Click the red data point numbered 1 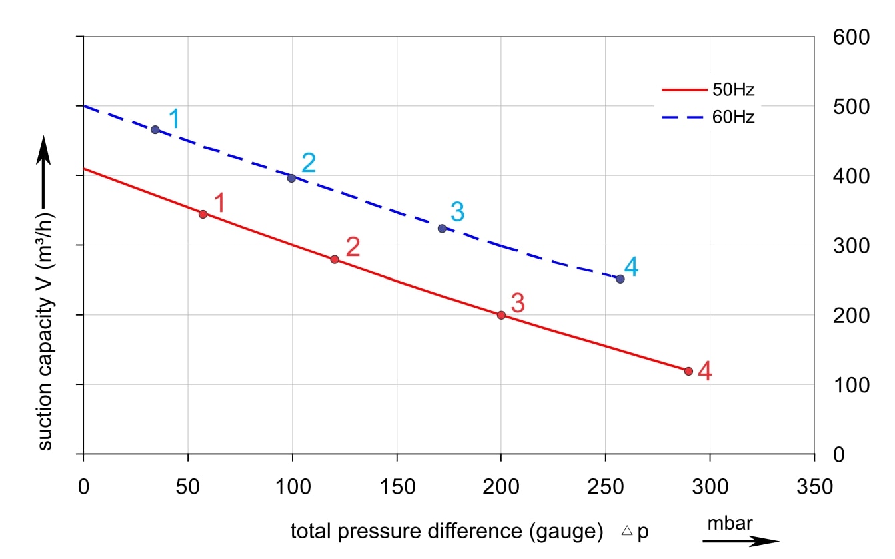coord(203,214)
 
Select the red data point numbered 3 coord(501,315)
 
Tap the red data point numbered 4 coord(688,371)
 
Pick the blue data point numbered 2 coord(291,178)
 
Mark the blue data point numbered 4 coord(620,279)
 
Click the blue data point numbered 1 coord(155,129)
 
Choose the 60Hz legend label coord(734,117)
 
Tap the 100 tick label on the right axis coord(852,385)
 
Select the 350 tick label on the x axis coord(814,486)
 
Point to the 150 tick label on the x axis coord(397,486)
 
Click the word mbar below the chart coord(730,524)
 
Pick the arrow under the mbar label coord(740,540)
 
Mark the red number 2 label coord(353,247)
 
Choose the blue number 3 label coord(457,212)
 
